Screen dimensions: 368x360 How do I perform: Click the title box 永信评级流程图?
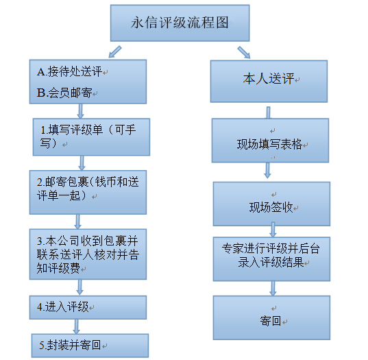pyautogui.click(x=180, y=23)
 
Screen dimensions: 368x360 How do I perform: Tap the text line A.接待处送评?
pyautogui.click(x=69, y=71)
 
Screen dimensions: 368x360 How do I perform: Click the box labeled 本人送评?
pyautogui.click(x=269, y=81)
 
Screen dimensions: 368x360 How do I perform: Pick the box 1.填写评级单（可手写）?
pyautogui.click(x=91, y=137)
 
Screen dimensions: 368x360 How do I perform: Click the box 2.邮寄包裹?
pyautogui.click(x=88, y=192)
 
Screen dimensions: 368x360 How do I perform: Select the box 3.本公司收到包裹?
pyautogui.click(x=88, y=254)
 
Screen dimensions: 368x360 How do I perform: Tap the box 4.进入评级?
pyautogui.click(x=88, y=307)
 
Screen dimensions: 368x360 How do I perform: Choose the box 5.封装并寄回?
pyautogui.click(x=90, y=346)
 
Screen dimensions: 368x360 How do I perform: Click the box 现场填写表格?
pyautogui.click(x=270, y=141)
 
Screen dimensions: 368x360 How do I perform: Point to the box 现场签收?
pyautogui.click(x=271, y=204)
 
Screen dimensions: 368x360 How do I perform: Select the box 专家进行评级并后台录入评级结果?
pyautogui.click(x=271, y=259)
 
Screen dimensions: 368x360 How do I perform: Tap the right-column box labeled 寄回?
pyautogui.click(x=271, y=317)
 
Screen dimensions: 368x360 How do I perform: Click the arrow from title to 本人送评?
pyautogui.click(x=244, y=52)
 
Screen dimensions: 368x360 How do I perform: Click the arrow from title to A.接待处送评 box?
pyautogui.click(x=115, y=51)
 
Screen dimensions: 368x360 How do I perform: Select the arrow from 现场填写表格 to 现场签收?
pyautogui.click(x=267, y=170)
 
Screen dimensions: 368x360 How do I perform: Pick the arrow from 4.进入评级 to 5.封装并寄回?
pyautogui.click(x=76, y=326)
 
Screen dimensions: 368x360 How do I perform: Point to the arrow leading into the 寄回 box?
pyautogui.click(x=273, y=289)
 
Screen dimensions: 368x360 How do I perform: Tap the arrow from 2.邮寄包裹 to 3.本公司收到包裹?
pyautogui.click(x=77, y=221)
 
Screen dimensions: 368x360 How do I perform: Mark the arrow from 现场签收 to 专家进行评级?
pyautogui.click(x=273, y=230)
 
